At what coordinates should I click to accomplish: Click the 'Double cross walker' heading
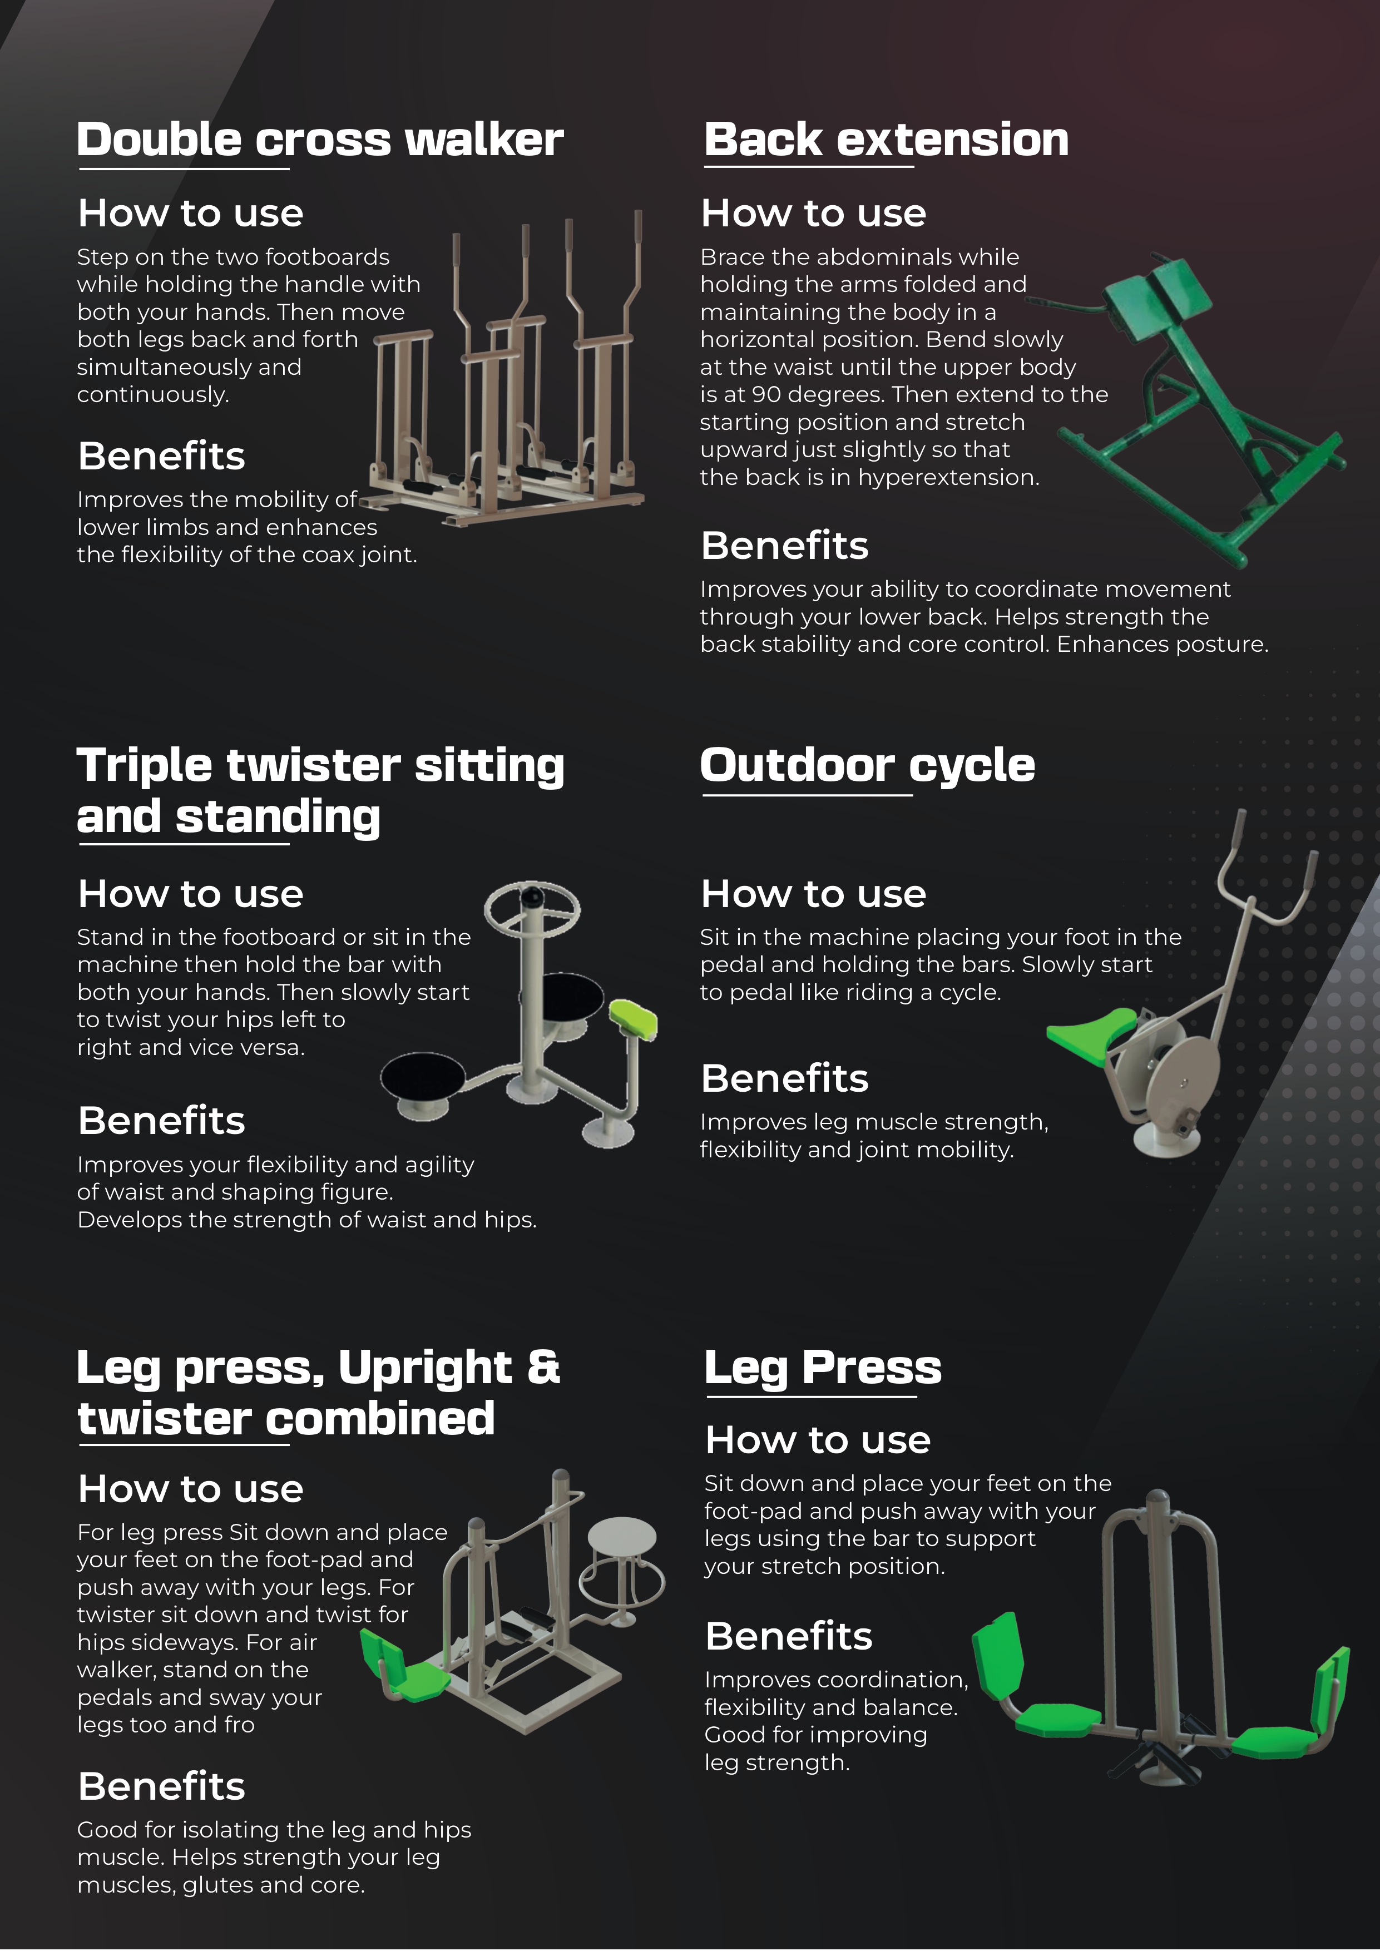[320, 140]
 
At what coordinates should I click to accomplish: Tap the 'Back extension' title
[886, 140]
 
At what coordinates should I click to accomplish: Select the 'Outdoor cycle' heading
[868, 766]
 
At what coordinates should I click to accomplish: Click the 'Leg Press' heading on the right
[823, 1368]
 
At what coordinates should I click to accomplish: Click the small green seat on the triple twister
[634, 1019]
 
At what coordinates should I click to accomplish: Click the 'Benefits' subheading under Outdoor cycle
[784, 1078]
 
